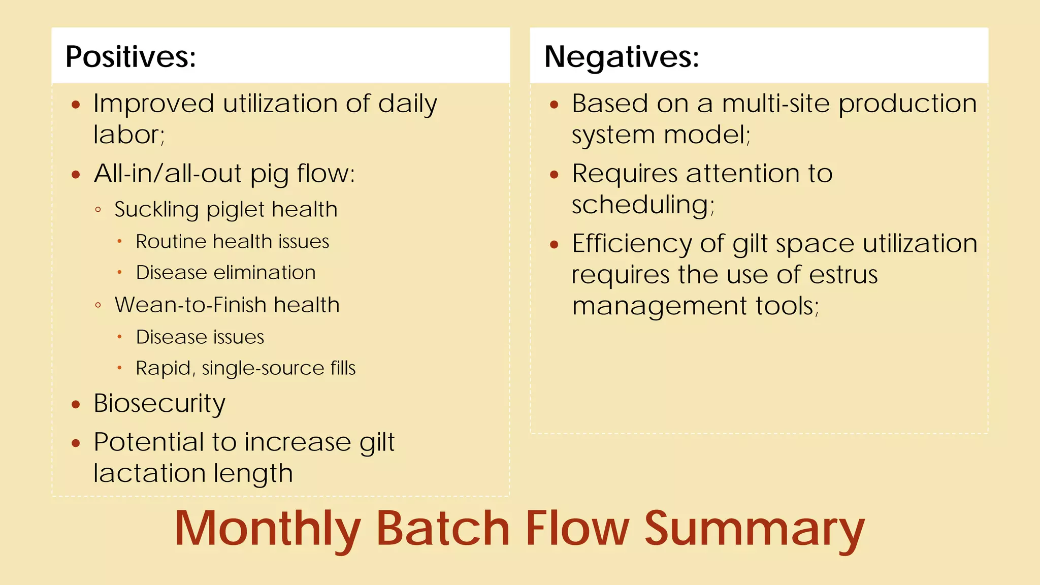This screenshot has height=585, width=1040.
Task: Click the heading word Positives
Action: coord(130,56)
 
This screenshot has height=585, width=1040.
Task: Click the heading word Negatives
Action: coord(621,56)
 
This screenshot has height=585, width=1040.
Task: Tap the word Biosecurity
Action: coord(159,404)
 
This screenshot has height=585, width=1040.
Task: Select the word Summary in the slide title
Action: coord(754,529)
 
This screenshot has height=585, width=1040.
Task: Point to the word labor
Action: coord(128,135)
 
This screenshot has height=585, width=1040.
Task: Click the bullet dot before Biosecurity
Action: coord(76,405)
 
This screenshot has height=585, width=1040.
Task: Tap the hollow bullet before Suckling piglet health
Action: coord(98,209)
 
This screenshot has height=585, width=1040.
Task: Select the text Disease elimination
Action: coord(225,273)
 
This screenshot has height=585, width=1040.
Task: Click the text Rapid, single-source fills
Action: coord(245,368)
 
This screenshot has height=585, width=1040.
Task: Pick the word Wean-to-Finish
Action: coord(190,305)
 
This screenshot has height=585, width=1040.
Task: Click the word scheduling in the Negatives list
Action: coord(642,205)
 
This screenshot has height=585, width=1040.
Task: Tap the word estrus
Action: coord(843,275)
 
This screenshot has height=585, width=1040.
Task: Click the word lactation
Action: coord(150,473)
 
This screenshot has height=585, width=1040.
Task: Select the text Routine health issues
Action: coord(232,242)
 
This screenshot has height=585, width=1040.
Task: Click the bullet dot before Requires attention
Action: coord(554,175)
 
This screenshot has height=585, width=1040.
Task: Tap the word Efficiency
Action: coord(631,243)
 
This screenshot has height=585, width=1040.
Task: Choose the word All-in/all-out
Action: coord(167,174)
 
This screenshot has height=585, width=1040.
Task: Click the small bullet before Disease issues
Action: coord(119,337)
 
